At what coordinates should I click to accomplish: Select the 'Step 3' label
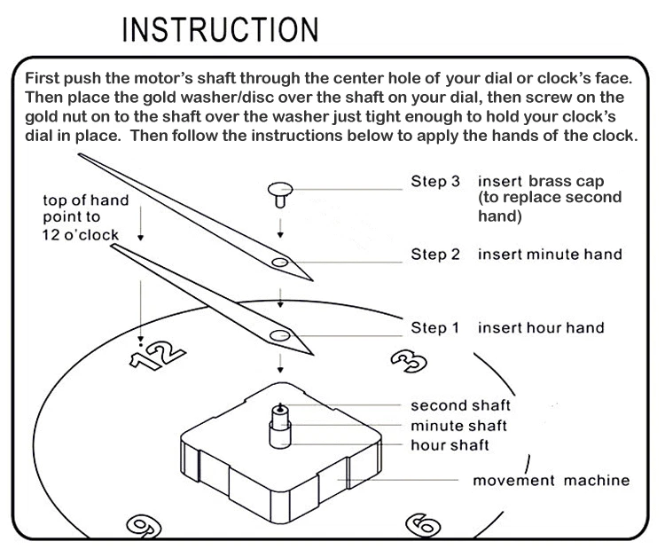(x=434, y=181)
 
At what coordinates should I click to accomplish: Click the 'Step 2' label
(x=434, y=255)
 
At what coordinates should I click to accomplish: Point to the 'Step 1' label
(x=434, y=328)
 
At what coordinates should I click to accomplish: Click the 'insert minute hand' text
(x=550, y=255)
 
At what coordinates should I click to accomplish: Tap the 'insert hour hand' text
(x=541, y=328)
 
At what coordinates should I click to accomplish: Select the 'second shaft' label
(x=460, y=405)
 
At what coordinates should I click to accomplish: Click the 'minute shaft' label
(x=458, y=425)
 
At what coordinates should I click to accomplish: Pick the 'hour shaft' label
(x=450, y=444)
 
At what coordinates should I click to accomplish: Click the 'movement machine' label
(x=551, y=481)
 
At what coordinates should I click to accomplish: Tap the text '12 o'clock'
(x=92, y=234)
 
